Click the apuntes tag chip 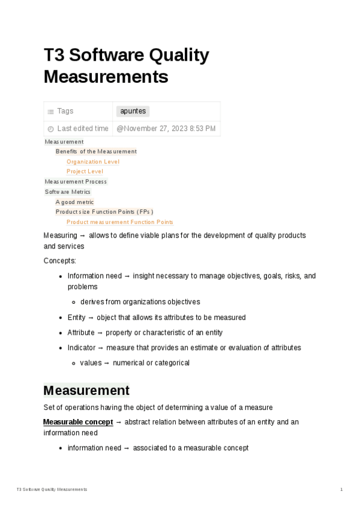click(133, 111)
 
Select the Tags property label click(65, 111)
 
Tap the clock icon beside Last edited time click(50, 129)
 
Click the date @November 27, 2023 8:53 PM click(166, 128)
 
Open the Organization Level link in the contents click(93, 161)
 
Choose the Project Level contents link click(85, 172)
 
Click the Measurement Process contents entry click(76, 182)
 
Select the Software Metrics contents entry click(68, 192)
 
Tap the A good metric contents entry click(75, 202)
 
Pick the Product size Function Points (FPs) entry click(104, 212)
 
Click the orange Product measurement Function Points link click(119, 222)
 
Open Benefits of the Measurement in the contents click(96, 151)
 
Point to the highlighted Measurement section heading click(86, 391)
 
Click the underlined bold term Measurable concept click(78, 422)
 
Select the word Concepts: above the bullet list click(60, 261)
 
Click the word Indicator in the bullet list click(81, 348)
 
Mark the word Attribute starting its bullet click(81, 333)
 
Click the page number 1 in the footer click(341, 490)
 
